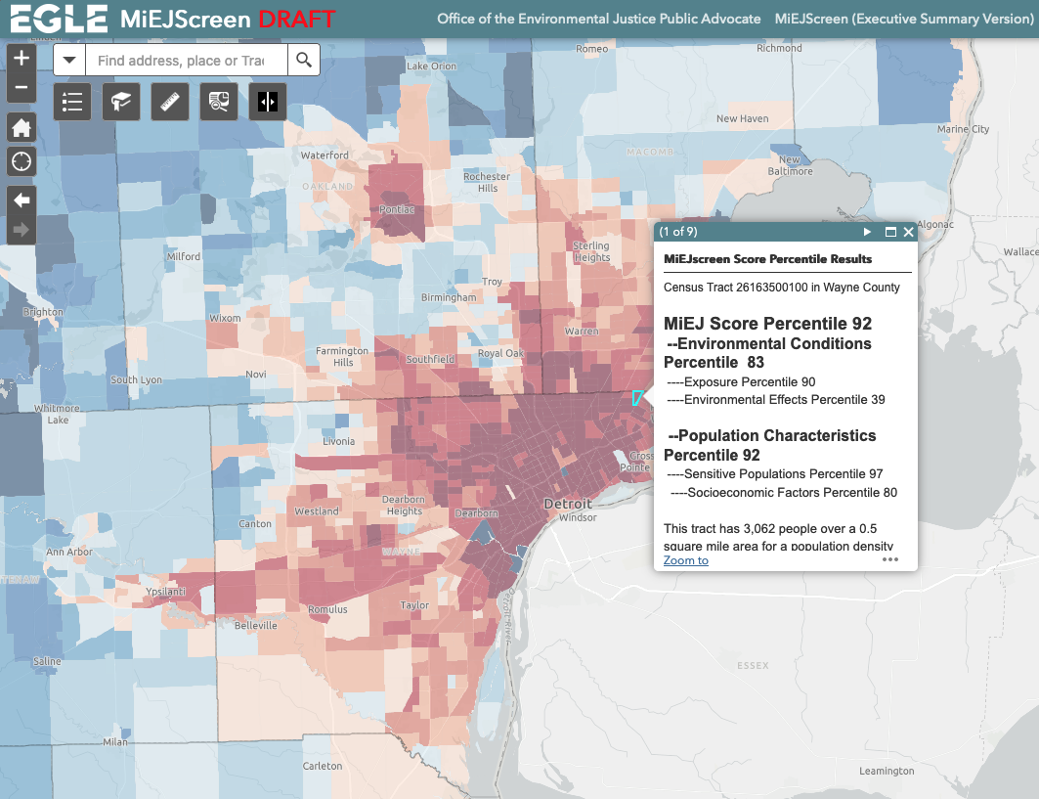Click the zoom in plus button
click(22, 59)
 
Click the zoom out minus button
click(22, 89)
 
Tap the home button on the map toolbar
click(22, 127)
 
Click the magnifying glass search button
click(304, 61)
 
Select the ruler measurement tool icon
click(171, 102)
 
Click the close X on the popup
click(908, 232)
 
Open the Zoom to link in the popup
click(685, 560)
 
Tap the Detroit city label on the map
click(568, 504)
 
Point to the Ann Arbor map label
click(68, 552)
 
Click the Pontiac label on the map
click(398, 209)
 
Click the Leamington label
click(886, 771)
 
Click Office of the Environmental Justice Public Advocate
click(598, 19)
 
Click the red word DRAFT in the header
click(296, 19)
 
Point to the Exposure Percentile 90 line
click(741, 382)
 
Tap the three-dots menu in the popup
click(889, 559)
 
